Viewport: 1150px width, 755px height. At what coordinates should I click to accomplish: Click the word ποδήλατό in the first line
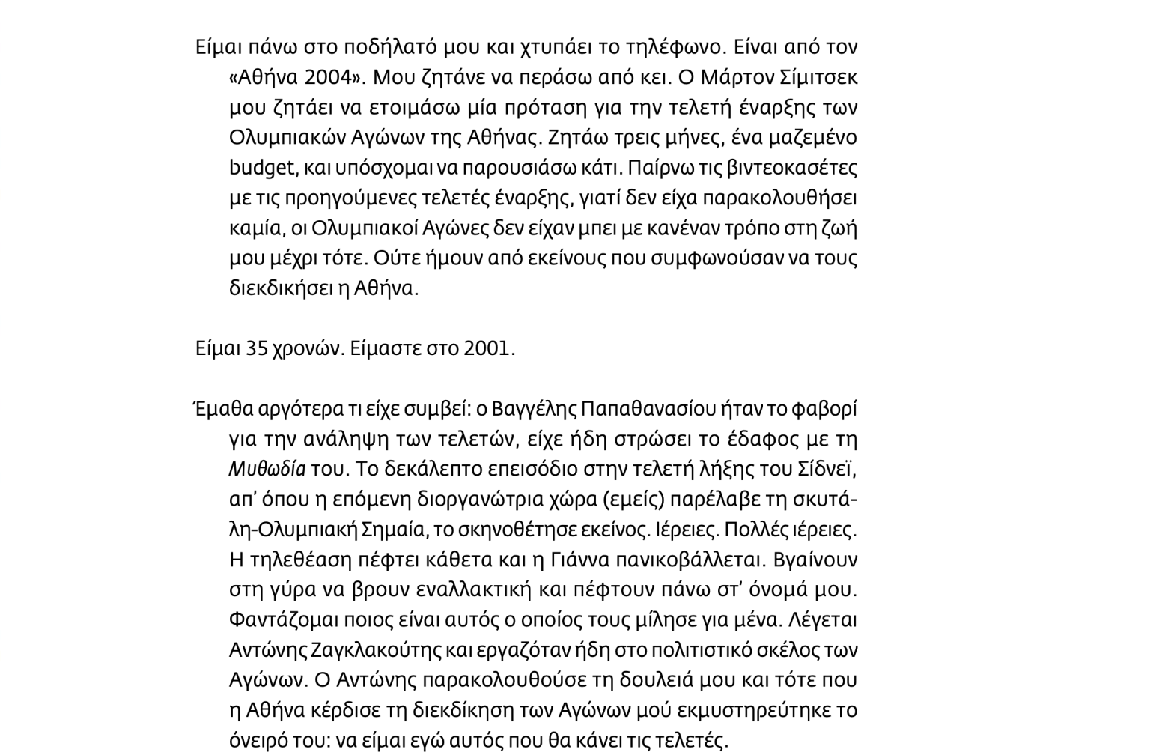point(390,47)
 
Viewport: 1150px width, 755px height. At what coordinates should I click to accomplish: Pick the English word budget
point(262,168)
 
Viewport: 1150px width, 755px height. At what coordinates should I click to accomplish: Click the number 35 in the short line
point(257,348)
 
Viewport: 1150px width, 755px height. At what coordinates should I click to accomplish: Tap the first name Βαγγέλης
point(535,409)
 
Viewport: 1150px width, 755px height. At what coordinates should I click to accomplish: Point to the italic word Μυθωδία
point(267,470)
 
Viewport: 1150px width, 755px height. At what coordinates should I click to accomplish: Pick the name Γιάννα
point(579,560)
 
